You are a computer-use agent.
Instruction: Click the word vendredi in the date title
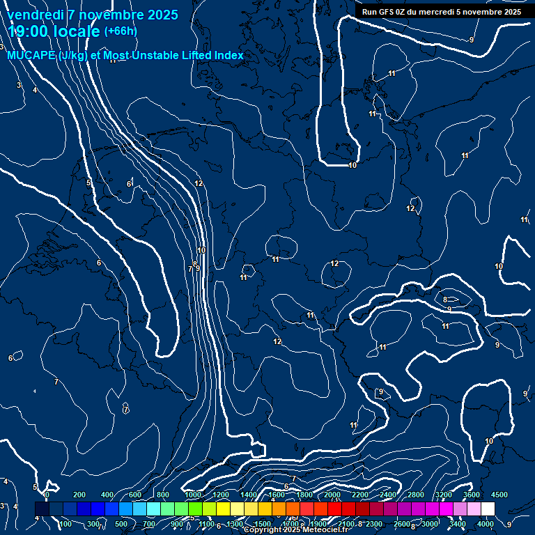point(33,15)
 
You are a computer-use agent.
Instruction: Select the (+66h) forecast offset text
point(121,31)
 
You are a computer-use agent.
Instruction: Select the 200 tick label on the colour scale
point(79,495)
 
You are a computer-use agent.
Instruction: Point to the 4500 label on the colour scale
point(499,495)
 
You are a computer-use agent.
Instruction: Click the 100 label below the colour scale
point(65,524)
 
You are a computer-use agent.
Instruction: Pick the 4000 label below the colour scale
point(486,524)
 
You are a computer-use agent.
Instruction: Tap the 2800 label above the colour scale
point(415,495)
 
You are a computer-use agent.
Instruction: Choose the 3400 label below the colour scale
point(458,524)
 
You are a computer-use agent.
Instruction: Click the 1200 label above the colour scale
point(219,495)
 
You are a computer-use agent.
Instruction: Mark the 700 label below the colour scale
point(149,524)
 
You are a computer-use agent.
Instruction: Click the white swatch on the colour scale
point(488,509)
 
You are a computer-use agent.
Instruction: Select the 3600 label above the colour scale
point(472,495)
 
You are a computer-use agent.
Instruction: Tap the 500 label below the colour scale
point(121,524)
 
